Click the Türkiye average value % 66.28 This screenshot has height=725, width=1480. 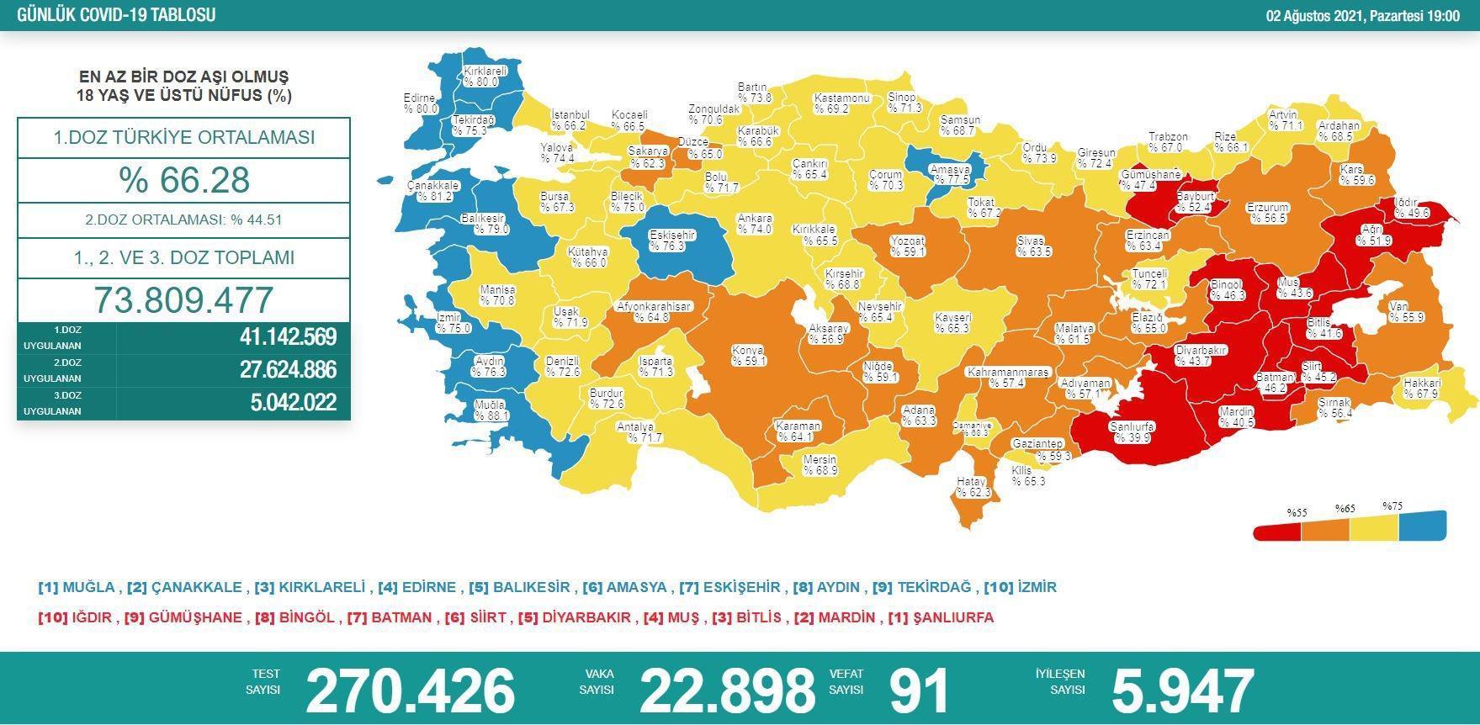[184, 180]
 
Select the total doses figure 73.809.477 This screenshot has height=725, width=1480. [184, 300]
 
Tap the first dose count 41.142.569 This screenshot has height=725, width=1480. [288, 337]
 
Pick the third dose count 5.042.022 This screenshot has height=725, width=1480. [293, 403]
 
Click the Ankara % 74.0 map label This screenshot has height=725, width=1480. [754, 224]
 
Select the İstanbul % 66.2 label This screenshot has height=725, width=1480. [570, 120]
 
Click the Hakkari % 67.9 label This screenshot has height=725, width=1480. [1421, 388]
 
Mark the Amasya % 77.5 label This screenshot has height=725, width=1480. [950, 174]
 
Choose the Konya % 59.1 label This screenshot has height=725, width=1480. [747, 356]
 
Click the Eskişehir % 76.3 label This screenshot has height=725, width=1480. [671, 241]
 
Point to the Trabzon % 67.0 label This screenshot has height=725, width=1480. [1168, 142]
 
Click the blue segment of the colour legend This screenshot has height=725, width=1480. [1422, 527]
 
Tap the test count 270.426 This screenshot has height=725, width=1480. [410, 691]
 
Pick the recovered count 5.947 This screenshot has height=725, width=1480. [1182, 691]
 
